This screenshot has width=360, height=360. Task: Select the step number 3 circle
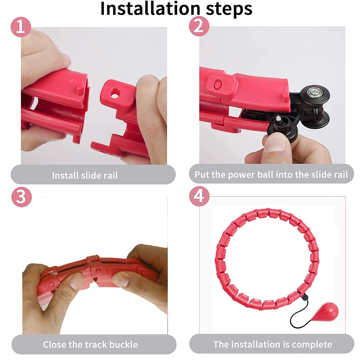coord(22,197)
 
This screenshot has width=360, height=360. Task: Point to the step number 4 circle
coord(199,197)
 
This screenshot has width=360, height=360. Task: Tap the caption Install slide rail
coord(85,176)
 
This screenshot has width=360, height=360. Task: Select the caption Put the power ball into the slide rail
coord(271,175)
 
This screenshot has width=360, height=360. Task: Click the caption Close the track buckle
coord(90,345)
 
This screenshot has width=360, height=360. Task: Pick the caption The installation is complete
coord(273,344)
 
